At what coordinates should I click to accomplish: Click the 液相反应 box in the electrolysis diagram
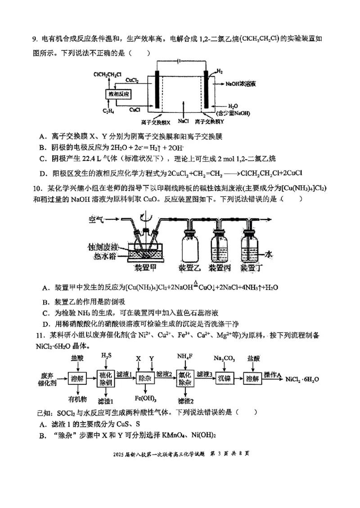[119, 94]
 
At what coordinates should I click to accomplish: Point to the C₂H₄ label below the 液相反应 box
[109, 111]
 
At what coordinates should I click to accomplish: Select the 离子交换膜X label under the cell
[156, 122]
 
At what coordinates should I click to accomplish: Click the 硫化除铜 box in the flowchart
[108, 379]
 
